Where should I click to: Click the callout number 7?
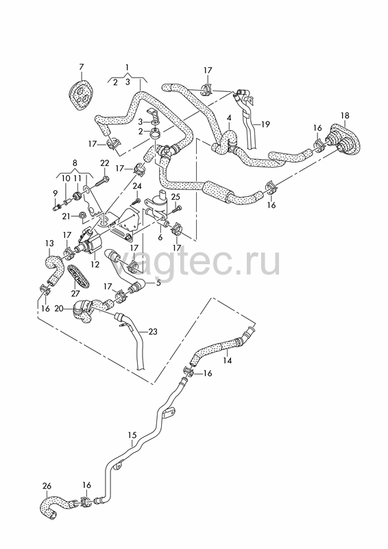pyautogui.click(x=82, y=67)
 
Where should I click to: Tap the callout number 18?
pyautogui.click(x=345, y=115)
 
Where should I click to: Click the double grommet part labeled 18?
pyautogui.click(x=343, y=140)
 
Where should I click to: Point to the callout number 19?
pyautogui.click(x=265, y=124)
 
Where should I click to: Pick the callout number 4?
pyautogui.click(x=229, y=117)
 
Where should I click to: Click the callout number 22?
pyautogui.click(x=105, y=163)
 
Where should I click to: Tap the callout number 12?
pyautogui.click(x=95, y=265)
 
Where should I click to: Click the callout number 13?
pyautogui.click(x=49, y=243)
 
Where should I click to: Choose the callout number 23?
pyautogui.click(x=153, y=331)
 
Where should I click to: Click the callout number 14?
pyautogui.click(x=228, y=360)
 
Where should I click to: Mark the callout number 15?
pyautogui.click(x=132, y=435)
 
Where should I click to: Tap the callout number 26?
pyautogui.click(x=47, y=486)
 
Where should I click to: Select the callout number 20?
pyautogui.click(x=59, y=308)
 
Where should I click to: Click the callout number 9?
pyautogui.click(x=55, y=193)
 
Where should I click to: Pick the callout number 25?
pyautogui.click(x=175, y=197)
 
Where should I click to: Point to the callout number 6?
pyautogui.click(x=160, y=237)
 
